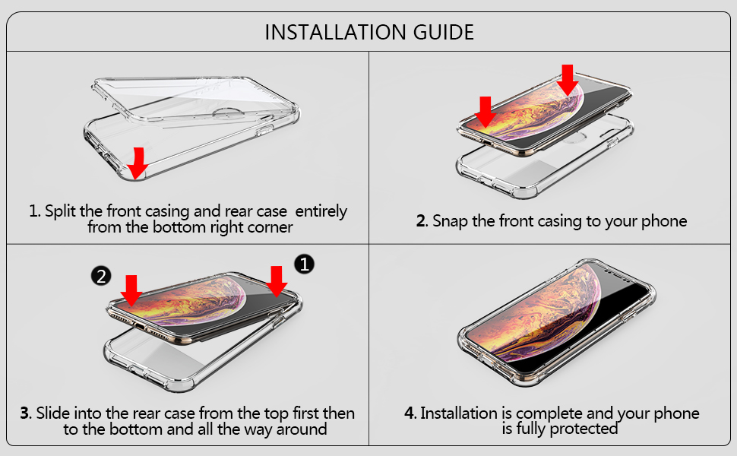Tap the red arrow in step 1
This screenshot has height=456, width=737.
pyautogui.click(x=138, y=162)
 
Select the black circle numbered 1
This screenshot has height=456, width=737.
pyautogui.click(x=304, y=264)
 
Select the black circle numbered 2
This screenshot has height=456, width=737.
pyautogui.click(x=101, y=275)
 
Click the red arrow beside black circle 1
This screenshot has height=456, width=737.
pyautogui.click(x=277, y=281)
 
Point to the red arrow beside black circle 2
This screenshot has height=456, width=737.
pyautogui.click(x=131, y=290)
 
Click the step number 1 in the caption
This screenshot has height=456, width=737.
pyautogui.click(x=33, y=211)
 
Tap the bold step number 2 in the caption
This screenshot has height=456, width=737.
pyautogui.click(x=422, y=221)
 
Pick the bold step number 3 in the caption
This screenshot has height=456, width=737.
pyautogui.click(x=25, y=414)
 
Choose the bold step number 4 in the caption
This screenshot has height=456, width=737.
pyautogui.click(x=410, y=413)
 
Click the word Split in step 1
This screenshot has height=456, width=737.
pyautogui.click(x=60, y=211)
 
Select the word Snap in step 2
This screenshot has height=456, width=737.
pyautogui.click(x=451, y=221)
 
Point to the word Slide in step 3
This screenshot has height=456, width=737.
pyautogui.click(x=54, y=414)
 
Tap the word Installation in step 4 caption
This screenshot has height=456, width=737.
pyautogui.click(x=459, y=413)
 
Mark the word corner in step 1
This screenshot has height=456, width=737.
pyautogui.click(x=270, y=226)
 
